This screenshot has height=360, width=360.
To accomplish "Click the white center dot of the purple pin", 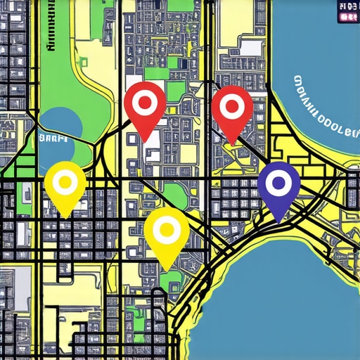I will click(x=279, y=183).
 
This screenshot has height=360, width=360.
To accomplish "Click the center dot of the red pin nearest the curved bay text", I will click(x=231, y=108).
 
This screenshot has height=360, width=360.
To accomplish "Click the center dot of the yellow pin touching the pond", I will click(x=65, y=183).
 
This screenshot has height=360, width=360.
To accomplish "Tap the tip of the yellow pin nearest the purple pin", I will click(x=167, y=270).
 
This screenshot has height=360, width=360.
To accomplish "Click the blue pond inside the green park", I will click(x=60, y=125).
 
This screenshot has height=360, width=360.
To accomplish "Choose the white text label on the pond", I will click(x=53, y=139).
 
